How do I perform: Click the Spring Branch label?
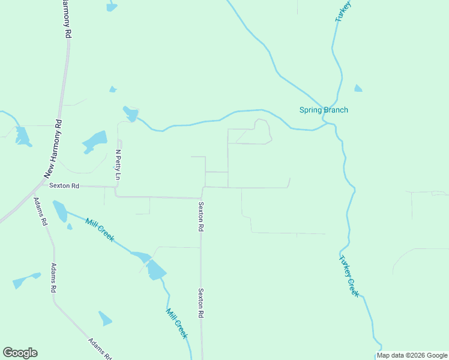point(324,110)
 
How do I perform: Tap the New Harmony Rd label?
point(53,149)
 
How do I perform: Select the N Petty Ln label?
point(118,165)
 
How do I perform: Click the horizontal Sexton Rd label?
point(64,186)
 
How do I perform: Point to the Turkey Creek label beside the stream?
point(349,276)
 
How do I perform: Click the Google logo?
point(20,353)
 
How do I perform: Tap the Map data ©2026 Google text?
point(412,355)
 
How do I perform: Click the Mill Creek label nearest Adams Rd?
point(100,230)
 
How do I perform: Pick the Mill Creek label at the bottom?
point(177,323)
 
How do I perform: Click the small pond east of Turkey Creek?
point(358,88)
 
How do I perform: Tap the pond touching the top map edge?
point(112,7)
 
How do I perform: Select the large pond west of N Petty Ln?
point(95,142)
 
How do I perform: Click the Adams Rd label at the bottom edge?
point(100,349)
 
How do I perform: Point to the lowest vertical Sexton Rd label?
point(201,302)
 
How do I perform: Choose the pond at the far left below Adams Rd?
point(26,280)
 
